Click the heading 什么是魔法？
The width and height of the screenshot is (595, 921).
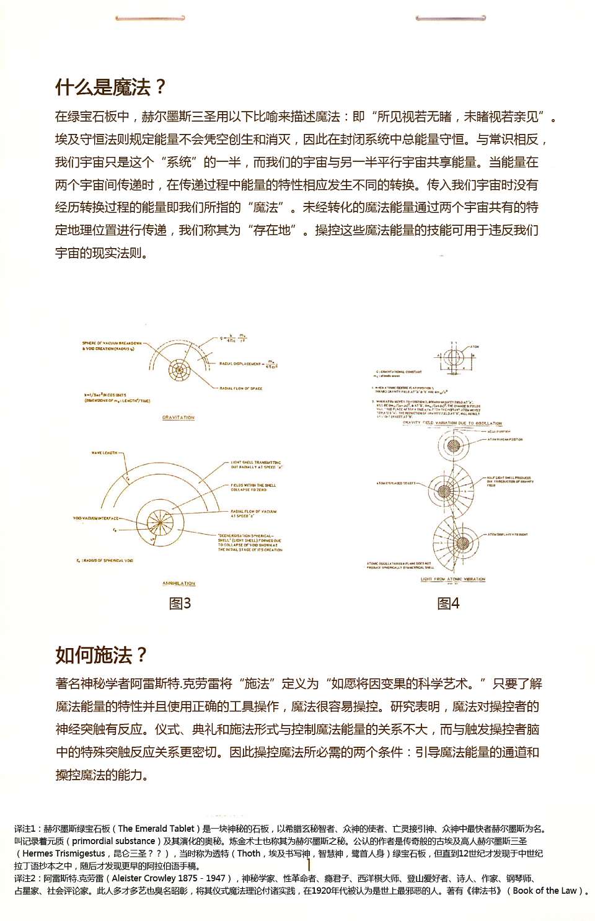click(110, 87)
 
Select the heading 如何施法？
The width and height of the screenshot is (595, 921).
click(102, 655)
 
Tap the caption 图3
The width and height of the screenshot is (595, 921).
click(180, 603)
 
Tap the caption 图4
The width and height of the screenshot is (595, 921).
click(448, 603)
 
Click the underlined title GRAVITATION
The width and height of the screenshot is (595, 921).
click(178, 417)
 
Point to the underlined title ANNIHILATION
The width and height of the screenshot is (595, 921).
click(178, 583)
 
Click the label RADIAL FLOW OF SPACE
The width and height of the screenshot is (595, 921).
click(240, 388)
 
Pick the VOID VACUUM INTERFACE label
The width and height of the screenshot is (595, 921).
click(95, 518)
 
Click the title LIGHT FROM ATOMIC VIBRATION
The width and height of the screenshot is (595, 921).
click(453, 579)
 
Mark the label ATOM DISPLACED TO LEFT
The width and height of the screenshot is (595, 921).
click(397, 483)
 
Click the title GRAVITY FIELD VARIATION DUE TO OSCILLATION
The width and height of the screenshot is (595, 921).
click(452, 423)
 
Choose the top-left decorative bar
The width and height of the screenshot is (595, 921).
click(150, 18)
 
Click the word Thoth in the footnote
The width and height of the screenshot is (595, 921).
click(249, 853)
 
